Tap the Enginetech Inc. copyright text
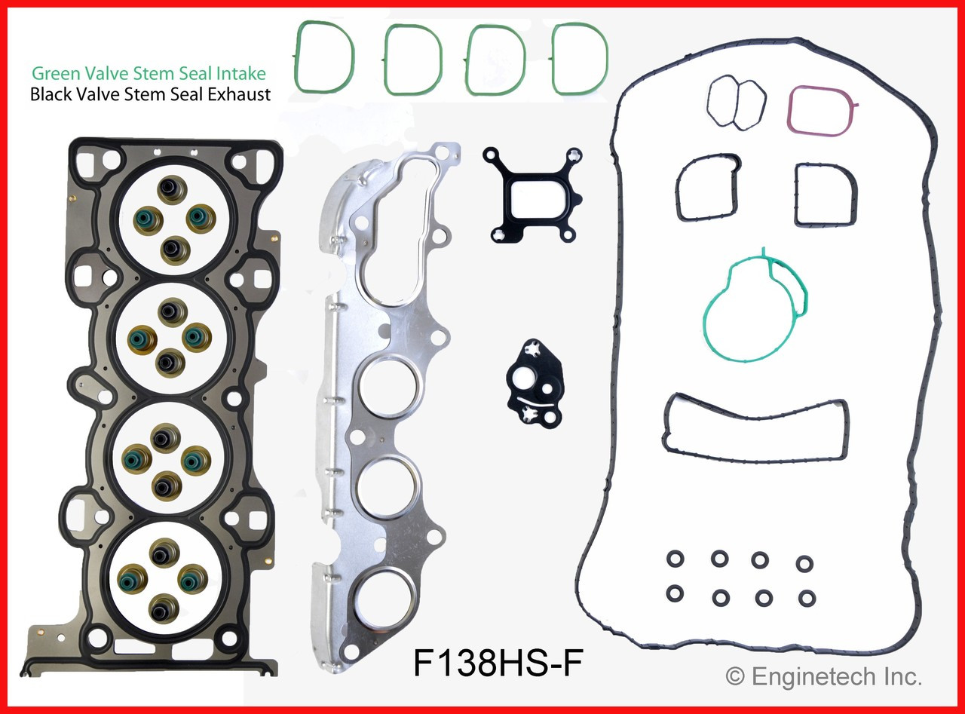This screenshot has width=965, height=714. point(823,676)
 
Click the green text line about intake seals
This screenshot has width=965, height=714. point(149,73)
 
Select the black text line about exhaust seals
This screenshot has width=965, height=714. point(150,95)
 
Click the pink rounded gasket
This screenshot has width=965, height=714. point(821,110)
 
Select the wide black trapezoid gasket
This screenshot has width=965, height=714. point(755,426)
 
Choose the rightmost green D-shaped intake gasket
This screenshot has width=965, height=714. point(579,58)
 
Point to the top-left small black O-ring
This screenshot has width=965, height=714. point(675,559)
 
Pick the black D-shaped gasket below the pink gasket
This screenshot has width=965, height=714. point(825,195)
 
